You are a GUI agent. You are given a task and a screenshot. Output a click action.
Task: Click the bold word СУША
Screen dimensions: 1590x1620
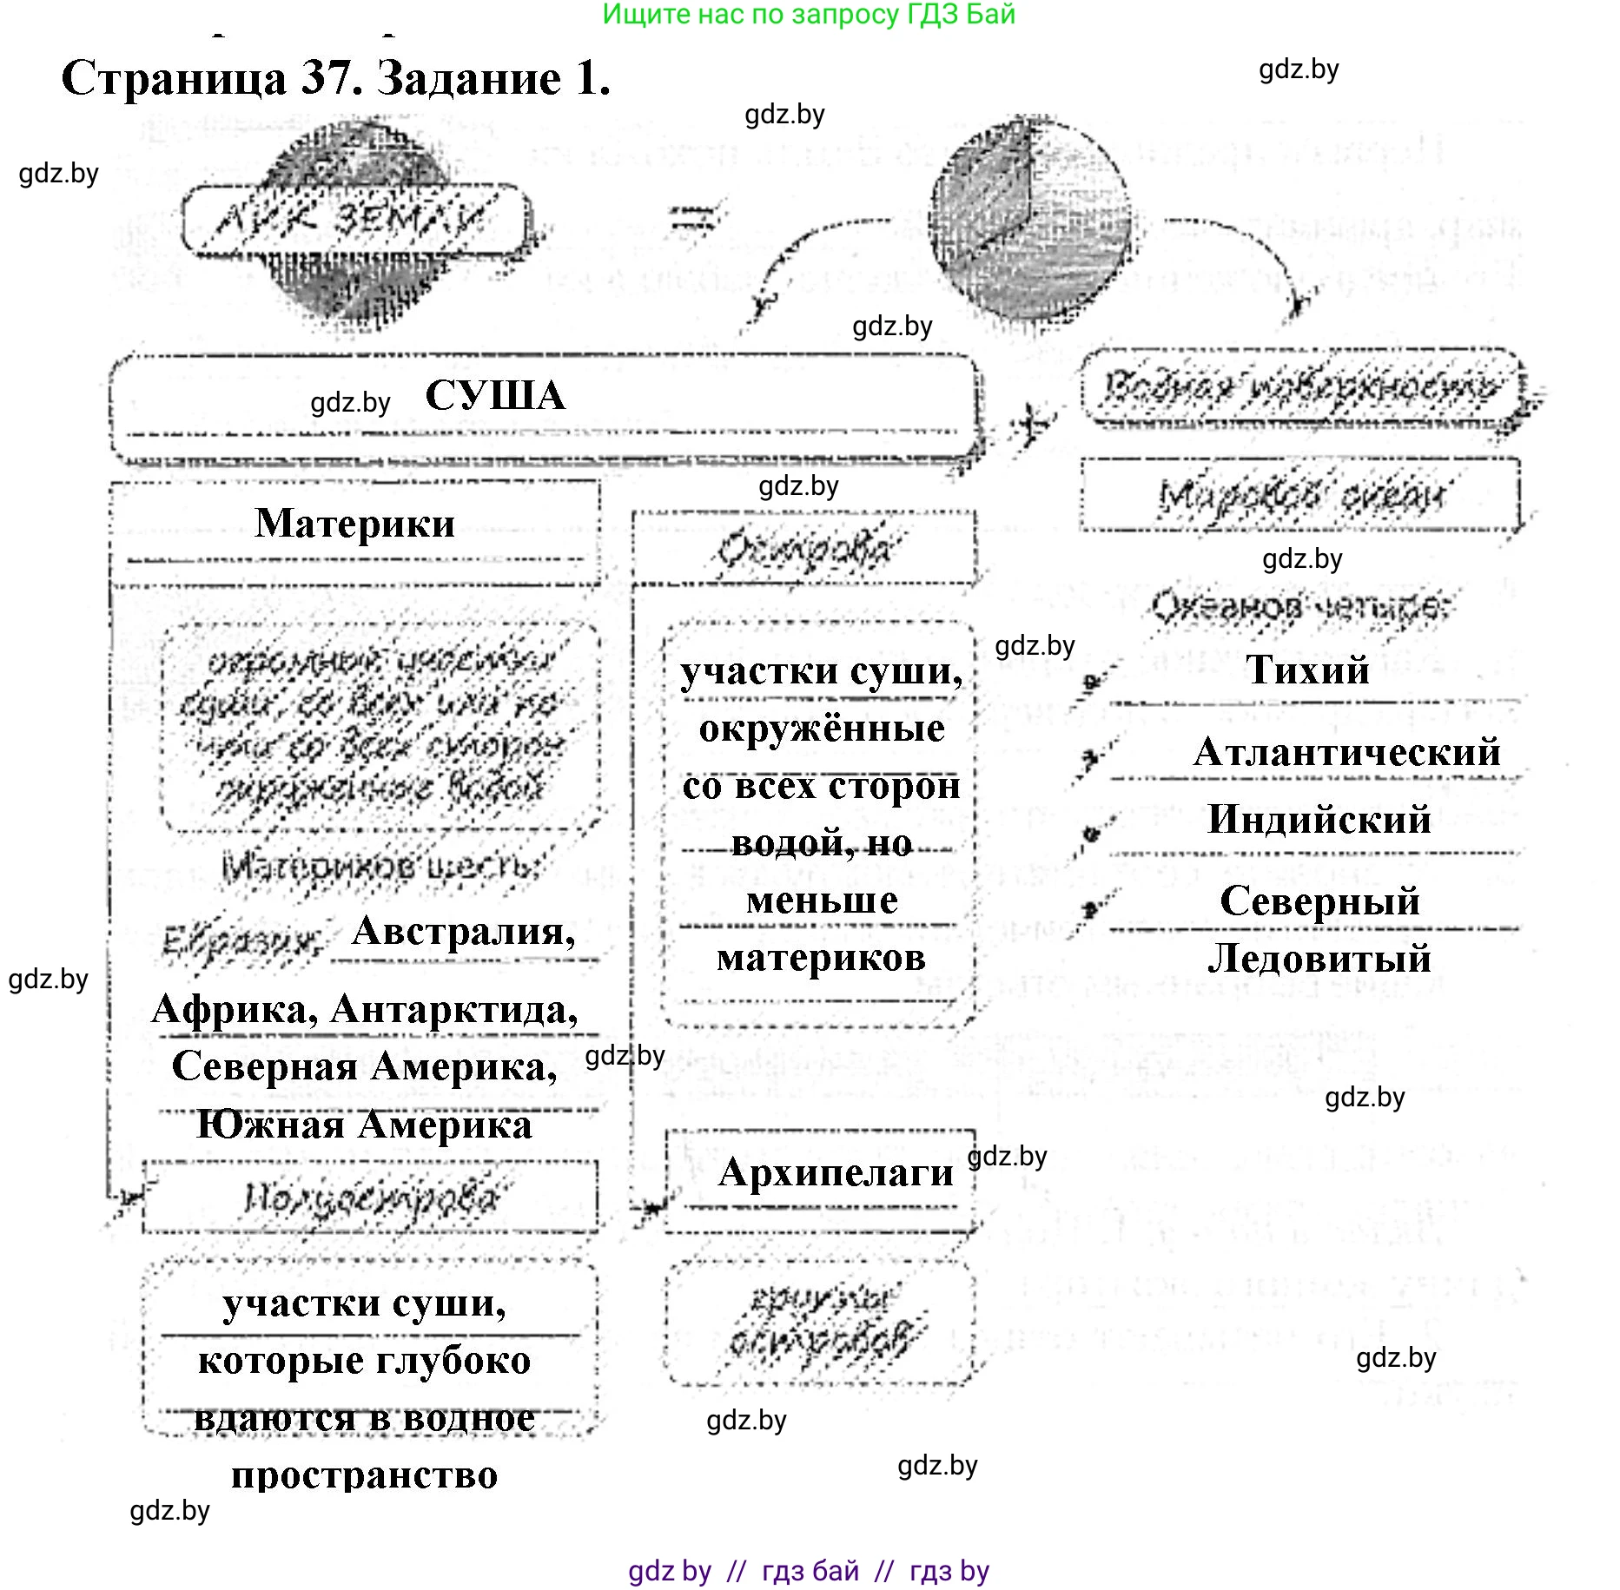[495, 396]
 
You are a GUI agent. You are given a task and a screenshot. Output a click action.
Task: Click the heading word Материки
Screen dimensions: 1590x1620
[354, 524]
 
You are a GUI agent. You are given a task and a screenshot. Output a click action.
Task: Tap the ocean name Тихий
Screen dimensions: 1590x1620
[1307, 670]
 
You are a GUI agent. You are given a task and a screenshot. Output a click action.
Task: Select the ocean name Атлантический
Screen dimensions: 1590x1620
[1346, 752]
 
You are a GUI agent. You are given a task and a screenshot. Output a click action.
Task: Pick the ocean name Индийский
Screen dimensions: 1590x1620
[1319, 819]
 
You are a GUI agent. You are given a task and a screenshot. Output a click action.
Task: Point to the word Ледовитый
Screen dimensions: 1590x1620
[1319, 958]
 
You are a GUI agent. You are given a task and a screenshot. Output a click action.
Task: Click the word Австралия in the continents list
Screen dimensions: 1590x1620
[462, 932]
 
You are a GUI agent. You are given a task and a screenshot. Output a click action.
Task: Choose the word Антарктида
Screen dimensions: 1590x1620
[454, 1009]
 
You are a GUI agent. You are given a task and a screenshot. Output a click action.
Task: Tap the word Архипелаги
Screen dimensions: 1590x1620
[836, 1172]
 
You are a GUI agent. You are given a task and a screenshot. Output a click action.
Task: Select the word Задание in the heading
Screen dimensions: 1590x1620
[469, 79]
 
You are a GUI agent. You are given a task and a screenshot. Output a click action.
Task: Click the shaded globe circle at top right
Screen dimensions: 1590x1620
[1029, 221]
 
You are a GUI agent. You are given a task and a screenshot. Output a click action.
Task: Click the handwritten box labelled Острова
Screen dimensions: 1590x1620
[803, 550]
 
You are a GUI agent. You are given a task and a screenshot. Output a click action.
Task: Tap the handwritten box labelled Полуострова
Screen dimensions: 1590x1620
[370, 1198]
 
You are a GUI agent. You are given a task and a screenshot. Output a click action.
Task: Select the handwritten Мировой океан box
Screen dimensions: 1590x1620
[1300, 495]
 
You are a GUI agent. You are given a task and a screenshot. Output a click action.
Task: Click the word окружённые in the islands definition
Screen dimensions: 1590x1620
[822, 729]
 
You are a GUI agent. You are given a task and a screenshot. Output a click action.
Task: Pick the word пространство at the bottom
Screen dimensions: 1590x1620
[364, 1475]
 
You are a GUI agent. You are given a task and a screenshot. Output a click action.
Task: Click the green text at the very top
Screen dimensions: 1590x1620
[808, 14]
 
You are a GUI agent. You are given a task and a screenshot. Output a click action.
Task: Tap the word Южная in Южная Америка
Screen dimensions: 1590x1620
[270, 1125]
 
